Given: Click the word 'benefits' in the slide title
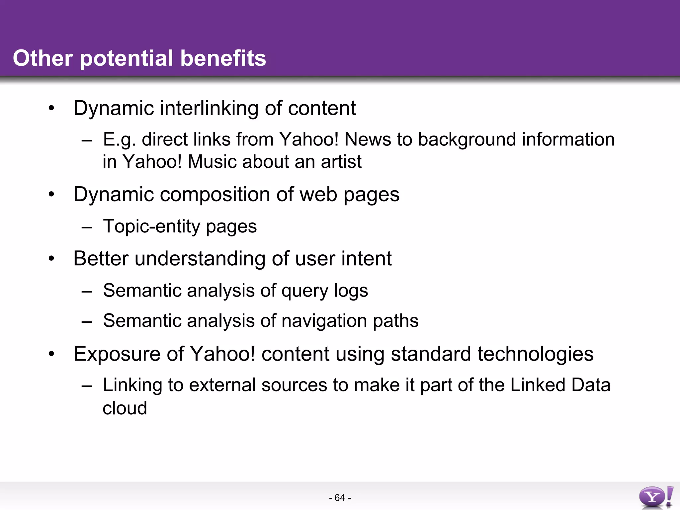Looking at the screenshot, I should pos(223,58).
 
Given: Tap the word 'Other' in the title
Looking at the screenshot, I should pos(42,58).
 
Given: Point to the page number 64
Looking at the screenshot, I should pos(340,498).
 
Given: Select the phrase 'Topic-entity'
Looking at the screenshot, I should pos(151,226).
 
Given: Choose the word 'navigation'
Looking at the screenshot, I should pos(324,321).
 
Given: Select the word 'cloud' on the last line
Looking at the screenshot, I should pos(125,408).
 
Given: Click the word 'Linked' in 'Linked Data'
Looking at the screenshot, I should pos(538,385).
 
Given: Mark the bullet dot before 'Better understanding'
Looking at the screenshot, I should pos(51,259).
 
